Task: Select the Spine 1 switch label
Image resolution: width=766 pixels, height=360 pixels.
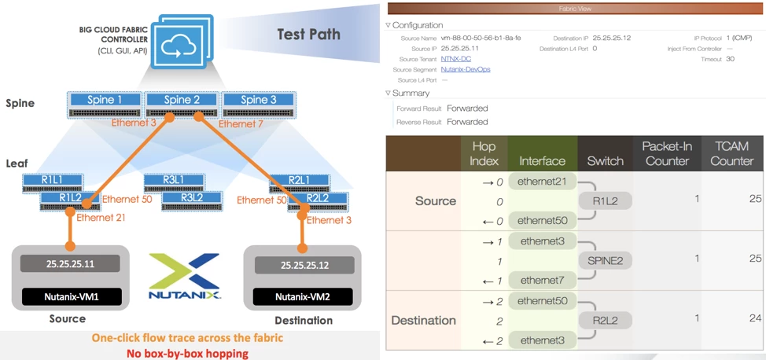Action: pos(105,100)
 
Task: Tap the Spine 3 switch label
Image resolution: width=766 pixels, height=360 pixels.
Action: pos(254,100)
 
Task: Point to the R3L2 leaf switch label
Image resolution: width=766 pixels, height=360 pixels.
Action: pos(191,197)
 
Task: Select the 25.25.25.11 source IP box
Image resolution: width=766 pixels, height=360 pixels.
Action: pos(70,264)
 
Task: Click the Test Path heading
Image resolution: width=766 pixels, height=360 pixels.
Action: pos(308,34)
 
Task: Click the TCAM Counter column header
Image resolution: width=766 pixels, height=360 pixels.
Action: pos(731,153)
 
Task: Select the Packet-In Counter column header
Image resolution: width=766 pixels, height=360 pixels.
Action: pos(666,153)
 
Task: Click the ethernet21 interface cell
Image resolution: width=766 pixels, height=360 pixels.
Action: pos(542,182)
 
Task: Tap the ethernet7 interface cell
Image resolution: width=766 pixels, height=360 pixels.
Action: pos(542,279)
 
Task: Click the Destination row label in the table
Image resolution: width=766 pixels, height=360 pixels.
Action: pos(424,320)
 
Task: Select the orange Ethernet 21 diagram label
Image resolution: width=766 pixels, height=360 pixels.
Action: pos(102,218)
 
